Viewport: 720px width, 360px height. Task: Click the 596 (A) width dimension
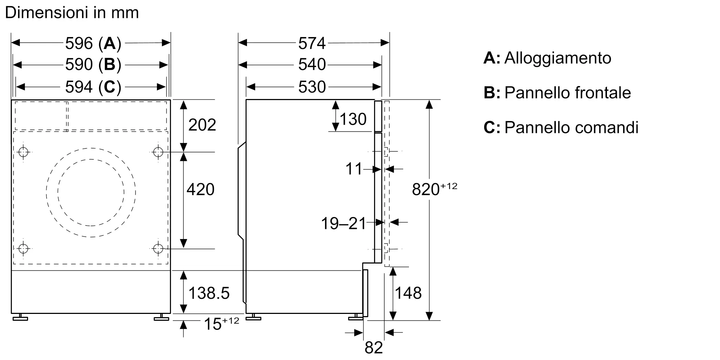pos(93,44)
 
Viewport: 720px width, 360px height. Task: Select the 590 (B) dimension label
pos(93,65)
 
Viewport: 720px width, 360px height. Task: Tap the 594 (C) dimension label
pos(93,87)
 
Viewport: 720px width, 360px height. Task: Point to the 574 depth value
pos(312,44)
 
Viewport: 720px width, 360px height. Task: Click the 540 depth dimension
pos(312,65)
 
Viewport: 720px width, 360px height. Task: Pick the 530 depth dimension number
pos(312,87)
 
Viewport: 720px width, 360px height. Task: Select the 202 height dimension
pos(202,125)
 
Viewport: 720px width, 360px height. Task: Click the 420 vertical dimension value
pos(201,189)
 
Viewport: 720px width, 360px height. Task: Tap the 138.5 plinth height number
pos(209,293)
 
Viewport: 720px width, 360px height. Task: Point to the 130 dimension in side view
pos(353,119)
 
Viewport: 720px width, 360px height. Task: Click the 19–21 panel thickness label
pos(343,224)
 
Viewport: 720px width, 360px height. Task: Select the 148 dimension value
pos(408,293)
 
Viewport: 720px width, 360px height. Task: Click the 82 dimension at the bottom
pos(374,348)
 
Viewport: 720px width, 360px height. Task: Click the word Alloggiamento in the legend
pos(558,58)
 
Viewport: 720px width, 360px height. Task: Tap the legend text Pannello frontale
pos(568,93)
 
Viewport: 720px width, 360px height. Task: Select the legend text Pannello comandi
pos(571,127)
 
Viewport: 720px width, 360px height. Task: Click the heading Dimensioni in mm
pos(72,13)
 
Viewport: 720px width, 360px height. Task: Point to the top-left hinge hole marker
pos(23,152)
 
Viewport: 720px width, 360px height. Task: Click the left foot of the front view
pos(20,317)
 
